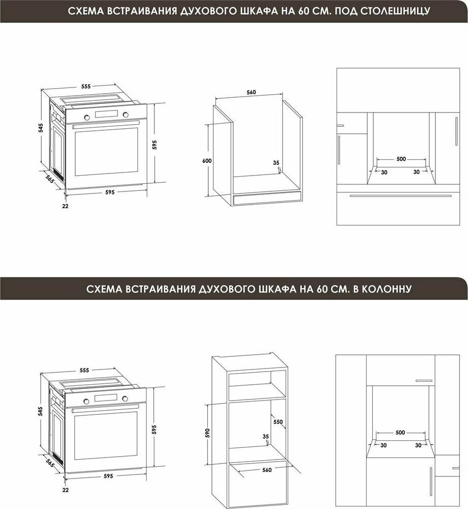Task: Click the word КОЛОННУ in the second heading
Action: point(387,288)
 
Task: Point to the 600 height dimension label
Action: point(207,161)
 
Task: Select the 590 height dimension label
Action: point(208,433)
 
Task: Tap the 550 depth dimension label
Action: point(278,421)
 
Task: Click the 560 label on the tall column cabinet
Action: point(267,470)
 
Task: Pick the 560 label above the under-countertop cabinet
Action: point(251,92)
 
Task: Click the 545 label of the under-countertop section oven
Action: point(41,128)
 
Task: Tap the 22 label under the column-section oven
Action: point(65,490)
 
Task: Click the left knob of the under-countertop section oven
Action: point(87,117)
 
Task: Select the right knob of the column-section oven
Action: point(125,399)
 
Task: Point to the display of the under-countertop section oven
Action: point(106,114)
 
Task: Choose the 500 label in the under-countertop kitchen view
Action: point(401,159)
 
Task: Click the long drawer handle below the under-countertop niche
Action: point(400,196)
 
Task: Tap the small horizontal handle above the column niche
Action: point(424,380)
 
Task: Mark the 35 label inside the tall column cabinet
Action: point(266,437)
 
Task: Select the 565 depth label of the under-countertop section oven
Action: point(49,179)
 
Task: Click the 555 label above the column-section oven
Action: point(84,370)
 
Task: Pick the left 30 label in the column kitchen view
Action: point(383,445)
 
